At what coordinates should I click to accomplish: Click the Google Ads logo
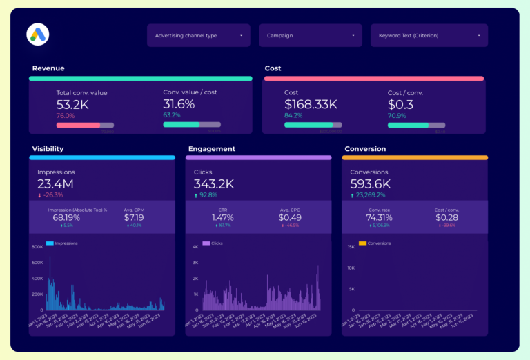(x=37, y=34)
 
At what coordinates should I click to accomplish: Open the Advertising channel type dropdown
(x=199, y=35)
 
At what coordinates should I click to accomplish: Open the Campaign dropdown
(x=311, y=35)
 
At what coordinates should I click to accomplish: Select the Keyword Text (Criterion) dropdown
(x=429, y=35)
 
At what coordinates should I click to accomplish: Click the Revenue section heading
(x=48, y=68)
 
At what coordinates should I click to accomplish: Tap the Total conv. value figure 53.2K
(x=72, y=105)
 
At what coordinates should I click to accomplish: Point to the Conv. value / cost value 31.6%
(x=179, y=104)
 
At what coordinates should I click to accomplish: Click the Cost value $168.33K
(x=311, y=104)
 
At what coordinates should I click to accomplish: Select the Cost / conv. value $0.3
(x=400, y=104)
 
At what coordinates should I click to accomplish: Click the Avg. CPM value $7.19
(x=133, y=217)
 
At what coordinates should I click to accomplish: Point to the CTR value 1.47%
(x=222, y=217)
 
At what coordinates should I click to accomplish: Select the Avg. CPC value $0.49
(x=290, y=217)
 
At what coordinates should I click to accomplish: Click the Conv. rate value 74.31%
(x=379, y=217)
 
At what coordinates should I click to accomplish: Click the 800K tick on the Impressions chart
(x=37, y=246)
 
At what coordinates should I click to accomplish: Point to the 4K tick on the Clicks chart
(x=195, y=246)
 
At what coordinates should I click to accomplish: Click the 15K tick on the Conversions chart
(x=351, y=246)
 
